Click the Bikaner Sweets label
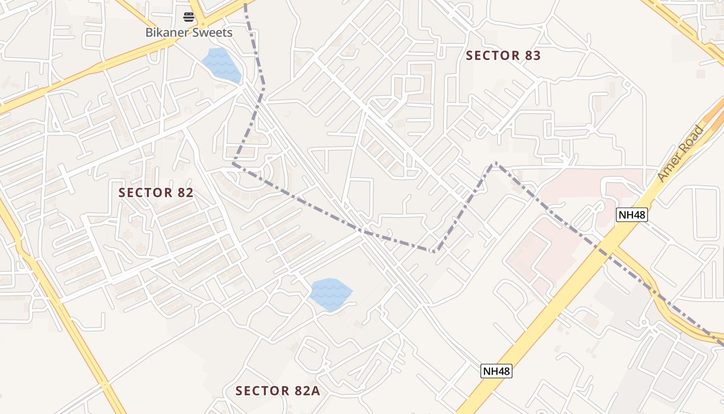pos(189,33)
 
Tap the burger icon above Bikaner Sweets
pos(189,17)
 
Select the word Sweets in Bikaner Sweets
pos(212,33)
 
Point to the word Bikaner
pos(167,33)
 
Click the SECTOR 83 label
pos(503,55)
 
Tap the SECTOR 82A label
pos(278,391)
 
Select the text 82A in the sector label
pos(308,391)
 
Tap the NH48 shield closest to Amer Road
pos(631,214)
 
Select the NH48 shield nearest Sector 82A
pos(496,371)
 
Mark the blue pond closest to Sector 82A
pos(330,294)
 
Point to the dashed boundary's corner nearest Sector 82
pos(233,164)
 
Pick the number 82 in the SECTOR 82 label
pos(184,193)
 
